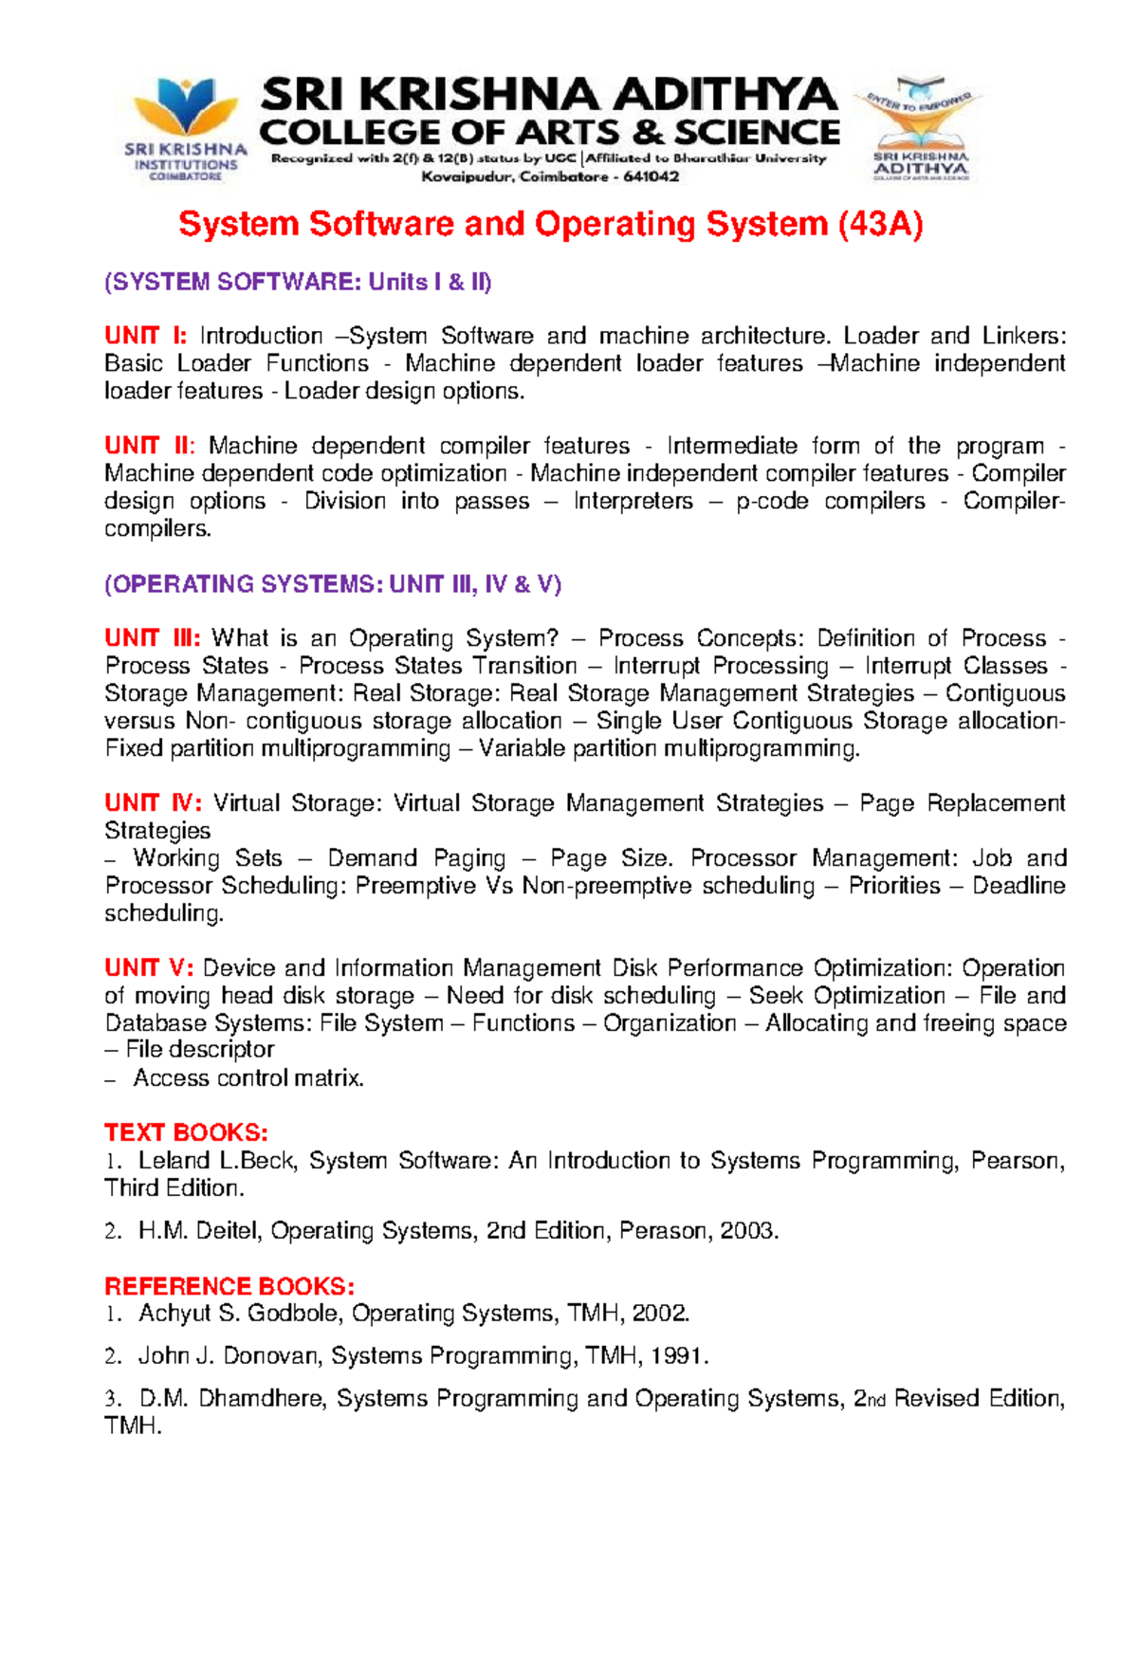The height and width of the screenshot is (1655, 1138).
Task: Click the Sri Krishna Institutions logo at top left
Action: point(186,128)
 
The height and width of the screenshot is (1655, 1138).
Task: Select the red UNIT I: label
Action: point(146,336)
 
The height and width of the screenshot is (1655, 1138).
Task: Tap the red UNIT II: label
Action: point(150,446)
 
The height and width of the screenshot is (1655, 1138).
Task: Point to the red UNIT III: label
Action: point(153,638)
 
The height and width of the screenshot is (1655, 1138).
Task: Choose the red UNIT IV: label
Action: point(153,803)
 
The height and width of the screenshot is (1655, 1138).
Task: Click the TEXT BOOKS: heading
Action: point(186,1132)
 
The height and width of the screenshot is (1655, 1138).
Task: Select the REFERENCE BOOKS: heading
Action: point(229,1286)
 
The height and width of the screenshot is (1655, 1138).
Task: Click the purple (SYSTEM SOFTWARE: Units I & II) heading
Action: point(298,282)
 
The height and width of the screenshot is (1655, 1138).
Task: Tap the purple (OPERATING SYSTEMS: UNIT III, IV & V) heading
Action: point(333,584)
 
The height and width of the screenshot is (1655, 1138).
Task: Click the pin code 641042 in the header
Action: point(651,177)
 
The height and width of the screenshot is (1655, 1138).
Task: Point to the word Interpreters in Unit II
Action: point(633,501)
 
